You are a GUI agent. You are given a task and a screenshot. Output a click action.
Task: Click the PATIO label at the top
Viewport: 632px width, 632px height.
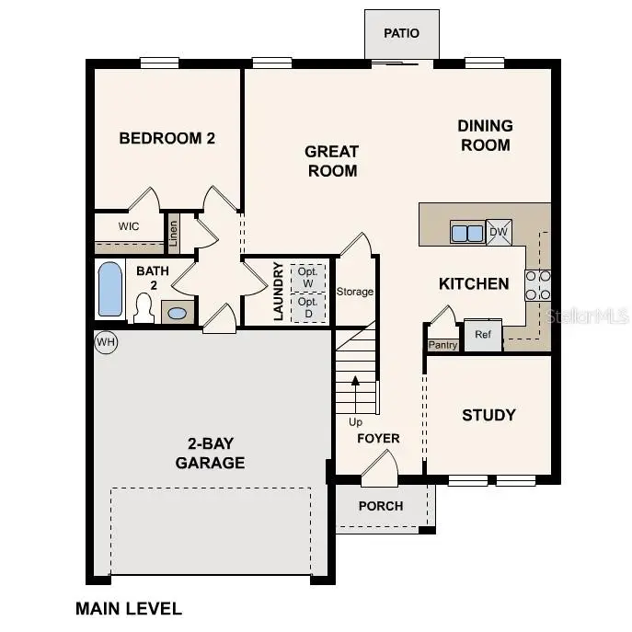click(x=401, y=33)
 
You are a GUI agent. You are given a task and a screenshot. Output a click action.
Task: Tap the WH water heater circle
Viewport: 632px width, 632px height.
click(x=107, y=343)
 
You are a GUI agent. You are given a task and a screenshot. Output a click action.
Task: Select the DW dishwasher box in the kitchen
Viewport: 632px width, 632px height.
click(x=499, y=232)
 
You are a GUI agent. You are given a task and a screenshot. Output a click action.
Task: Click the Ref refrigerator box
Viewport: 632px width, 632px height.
click(x=483, y=336)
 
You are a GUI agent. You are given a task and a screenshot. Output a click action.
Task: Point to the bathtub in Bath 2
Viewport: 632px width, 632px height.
click(x=109, y=289)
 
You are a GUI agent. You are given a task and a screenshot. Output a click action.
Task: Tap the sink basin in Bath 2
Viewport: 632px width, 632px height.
click(x=178, y=313)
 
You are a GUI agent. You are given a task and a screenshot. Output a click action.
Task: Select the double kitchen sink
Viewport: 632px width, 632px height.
click(x=466, y=233)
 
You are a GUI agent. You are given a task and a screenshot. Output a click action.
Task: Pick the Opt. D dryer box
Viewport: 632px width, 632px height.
click(x=308, y=307)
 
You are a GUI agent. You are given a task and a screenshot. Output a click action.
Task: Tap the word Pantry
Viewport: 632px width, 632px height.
click(x=442, y=345)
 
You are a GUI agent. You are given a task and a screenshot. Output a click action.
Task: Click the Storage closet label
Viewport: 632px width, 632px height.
click(x=354, y=292)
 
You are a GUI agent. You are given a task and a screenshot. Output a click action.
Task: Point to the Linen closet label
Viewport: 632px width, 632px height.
click(x=172, y=233)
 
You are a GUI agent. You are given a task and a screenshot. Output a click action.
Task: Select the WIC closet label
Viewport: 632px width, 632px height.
click(x=129, y=225)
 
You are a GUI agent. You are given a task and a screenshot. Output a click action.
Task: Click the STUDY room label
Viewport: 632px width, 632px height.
click(x=488, y=415)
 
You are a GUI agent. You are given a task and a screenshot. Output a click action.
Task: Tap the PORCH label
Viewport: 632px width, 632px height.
click(x=381, y=506)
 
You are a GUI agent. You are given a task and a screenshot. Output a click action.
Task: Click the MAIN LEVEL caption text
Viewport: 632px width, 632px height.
click(x=129, y=608)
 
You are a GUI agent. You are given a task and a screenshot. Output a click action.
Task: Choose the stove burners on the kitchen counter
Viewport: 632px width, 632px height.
click(x=537, y=285)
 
